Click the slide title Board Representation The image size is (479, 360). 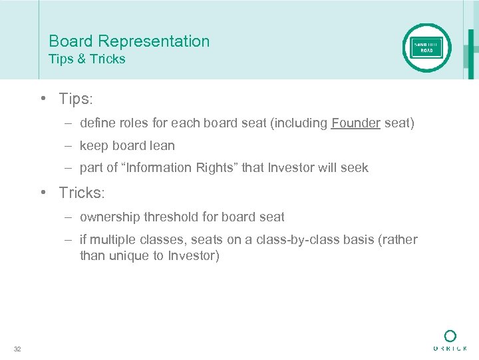click(129, 41)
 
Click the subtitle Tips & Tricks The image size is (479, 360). click(86, 59)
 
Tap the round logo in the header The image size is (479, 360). click(426, 48)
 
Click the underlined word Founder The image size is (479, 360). click(356, 123)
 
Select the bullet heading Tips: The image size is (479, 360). click(76, 99)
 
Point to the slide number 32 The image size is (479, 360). click(17, 349)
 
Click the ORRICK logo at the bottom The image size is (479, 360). click(450, 340)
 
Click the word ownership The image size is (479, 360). click(108, 217)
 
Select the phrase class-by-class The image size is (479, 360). click(294, 239)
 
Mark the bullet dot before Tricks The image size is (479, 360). click(42, 193)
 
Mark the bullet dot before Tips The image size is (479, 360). click(42, 99)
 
